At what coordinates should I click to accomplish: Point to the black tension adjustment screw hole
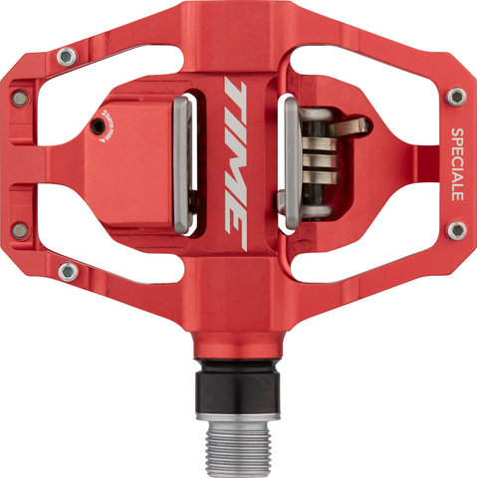[x=96, y=126]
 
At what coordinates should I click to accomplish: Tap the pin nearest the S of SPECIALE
[x=456, y=97]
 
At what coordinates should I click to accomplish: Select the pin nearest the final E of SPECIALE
[x=456, y=230]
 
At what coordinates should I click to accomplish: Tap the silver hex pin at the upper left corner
[x=66, y=57]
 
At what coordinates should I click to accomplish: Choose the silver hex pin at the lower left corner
[x=68, y=271]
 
